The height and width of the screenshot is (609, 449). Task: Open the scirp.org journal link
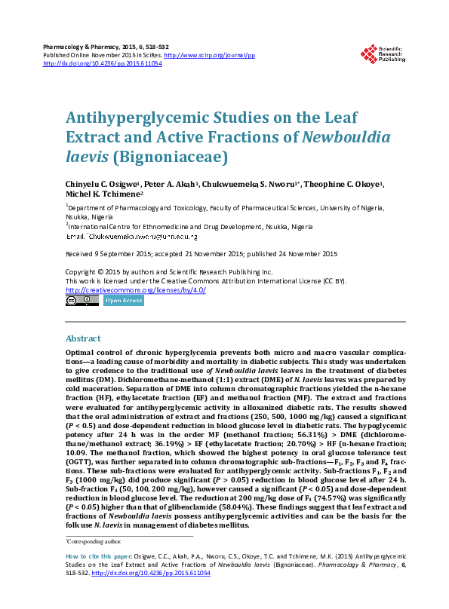209,56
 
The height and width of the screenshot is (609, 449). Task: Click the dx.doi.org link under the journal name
103,64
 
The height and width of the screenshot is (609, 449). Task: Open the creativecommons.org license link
136,289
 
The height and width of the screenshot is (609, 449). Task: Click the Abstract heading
84,339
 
